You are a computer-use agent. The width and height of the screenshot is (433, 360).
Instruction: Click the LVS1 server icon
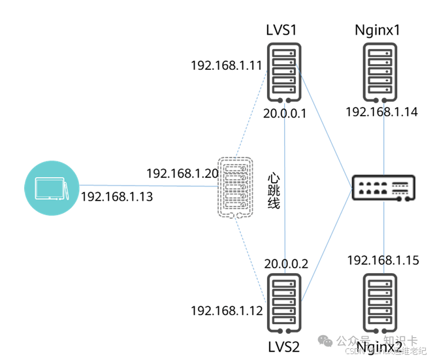point(285,73)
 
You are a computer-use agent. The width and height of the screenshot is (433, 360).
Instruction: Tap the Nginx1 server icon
point(381,72)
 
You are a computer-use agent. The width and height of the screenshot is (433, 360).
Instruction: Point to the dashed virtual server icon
point(234,187)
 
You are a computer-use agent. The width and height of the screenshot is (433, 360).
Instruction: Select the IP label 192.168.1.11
point(226,66)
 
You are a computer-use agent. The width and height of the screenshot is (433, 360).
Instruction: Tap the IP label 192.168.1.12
point(226,311)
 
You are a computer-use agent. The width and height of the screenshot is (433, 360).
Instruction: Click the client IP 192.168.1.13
point(116,196)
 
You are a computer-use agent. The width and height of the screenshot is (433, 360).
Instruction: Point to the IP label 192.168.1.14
point(381,112)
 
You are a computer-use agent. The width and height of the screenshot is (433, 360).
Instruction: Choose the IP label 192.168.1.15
point(381,260)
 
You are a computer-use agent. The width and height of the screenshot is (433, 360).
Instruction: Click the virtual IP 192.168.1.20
point(182,174)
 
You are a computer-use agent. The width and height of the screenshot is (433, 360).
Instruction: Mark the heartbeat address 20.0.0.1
point(285,114)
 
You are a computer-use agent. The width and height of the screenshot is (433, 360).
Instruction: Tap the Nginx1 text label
point(377,31)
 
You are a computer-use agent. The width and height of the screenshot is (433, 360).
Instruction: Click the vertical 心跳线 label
point(274,191)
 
